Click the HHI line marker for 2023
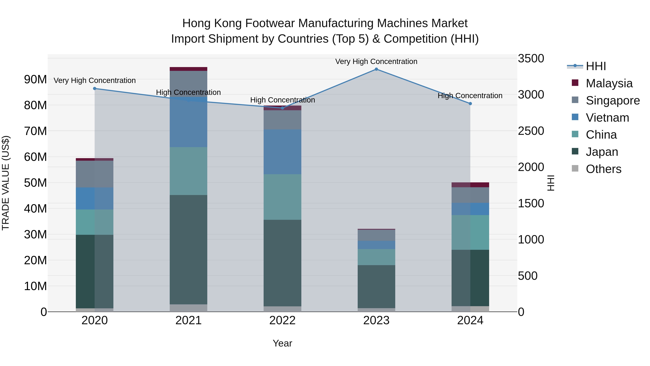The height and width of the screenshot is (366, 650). pyautogui.click(x=376, y=69)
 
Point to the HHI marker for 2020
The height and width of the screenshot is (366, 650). pyautogui.click(x=95, y=88)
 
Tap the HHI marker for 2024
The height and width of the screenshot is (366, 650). pyautogui.click(x=470, y=104)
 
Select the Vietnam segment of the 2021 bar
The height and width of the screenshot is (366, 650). pyautogui.click(x=188, y=122)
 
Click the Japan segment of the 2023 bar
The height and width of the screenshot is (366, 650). pyautogui.click(x=376, y=286)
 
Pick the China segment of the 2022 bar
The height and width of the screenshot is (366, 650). pyautogui.click(x=282, y=197)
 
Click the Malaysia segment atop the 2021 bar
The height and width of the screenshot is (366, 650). pyautogui.click(x=188, y=69)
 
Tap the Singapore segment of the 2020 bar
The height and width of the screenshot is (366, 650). pyautogui.click(x=95, y=174)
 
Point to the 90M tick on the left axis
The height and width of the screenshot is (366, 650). pyautogui.click(x=35, y=80)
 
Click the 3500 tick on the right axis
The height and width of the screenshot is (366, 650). pyautogui.click(x=531, y=58)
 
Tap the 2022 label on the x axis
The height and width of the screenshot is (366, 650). pyautogui.click(x=282, y=320)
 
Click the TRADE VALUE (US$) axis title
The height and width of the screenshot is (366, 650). pyautogui.click(x=6, y=183)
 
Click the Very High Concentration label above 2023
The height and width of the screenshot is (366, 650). pyautogui.click(x=376, y=61)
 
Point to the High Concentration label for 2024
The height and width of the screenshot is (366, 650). pyautogui.click(x=470, y=96)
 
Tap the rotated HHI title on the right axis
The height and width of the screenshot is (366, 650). pyautogui.click(x=551, y=183)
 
